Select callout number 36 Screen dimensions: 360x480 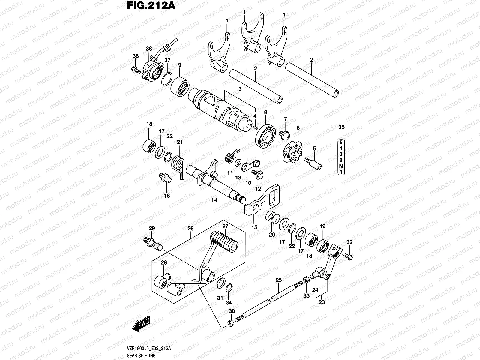(x=149, y=49)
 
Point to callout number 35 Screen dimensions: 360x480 (x=341, y=127)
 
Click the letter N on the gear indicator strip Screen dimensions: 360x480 (x=341, y=166)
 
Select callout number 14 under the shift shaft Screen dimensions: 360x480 (x=214, y=200)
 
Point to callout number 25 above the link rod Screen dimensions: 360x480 (x=279, y=280)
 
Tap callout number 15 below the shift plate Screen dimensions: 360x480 (x=254, y=227)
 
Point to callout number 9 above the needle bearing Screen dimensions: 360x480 (x=180, y=65)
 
